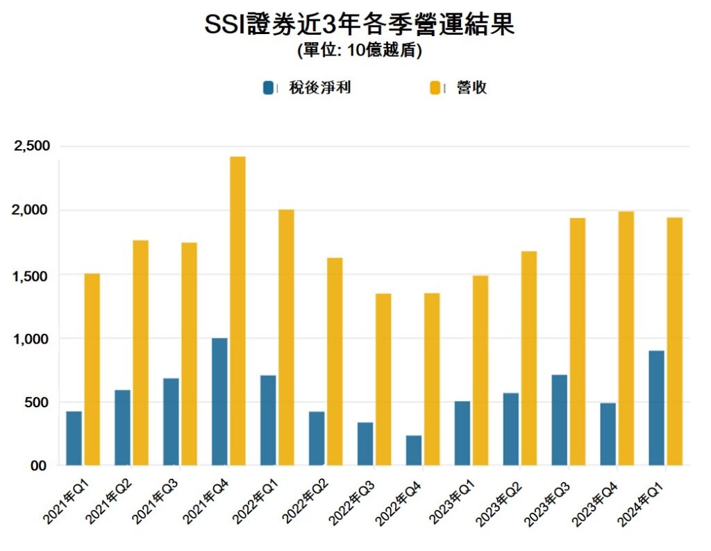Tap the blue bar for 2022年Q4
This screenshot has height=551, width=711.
click(x=414, y=450)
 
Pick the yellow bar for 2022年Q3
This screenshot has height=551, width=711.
click(x=383, y=379)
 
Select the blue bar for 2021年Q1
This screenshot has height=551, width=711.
click(x=74, y=438)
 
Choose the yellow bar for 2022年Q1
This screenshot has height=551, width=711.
click(x=286, y=337)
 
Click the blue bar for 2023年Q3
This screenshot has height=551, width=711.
click(x=559, y=420)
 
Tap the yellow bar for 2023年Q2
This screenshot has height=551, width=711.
click(x=529, y=357)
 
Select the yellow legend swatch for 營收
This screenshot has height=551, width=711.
click(x=436, y=88)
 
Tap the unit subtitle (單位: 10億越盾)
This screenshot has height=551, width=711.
click(x=359, y=51)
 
